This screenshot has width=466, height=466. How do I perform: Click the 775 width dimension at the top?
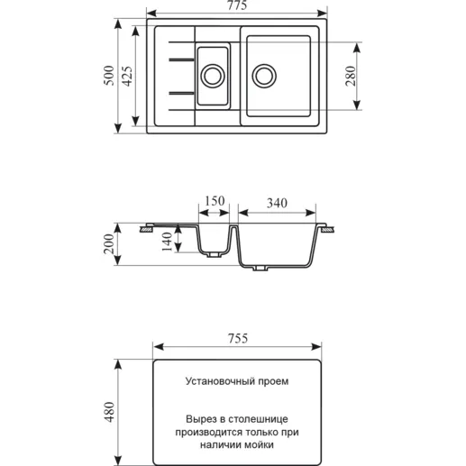(x=237, y=5)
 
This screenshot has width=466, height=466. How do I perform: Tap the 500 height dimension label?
(x=109, y=76)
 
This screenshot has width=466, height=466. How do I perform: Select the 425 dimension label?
(x=127, y=77)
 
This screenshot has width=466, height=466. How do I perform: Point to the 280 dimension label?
(x=351, y=76)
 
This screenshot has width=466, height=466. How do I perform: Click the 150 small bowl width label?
(x=215, y=201)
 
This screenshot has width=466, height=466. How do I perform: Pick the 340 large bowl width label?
(x=277, y=204)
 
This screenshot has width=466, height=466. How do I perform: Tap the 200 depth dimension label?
(x=109, y=244)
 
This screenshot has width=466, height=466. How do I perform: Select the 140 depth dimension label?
(x=167, y=242)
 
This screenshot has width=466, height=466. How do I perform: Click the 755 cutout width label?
(x=238, y=339)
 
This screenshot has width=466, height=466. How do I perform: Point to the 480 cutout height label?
(x=109, y=412)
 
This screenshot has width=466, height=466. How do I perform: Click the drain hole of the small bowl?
(x=213, y=76)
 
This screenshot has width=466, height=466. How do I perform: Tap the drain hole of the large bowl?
(x=264, y=76)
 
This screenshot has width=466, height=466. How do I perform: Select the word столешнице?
(x=258, y=419)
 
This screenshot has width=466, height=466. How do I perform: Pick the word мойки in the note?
(x=260, y=444)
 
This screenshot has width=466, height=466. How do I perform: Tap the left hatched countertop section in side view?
(x=148, y=230)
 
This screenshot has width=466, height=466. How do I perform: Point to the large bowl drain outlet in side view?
(x=260, y=268)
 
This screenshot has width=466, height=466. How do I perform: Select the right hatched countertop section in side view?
(x=327, y=230)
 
